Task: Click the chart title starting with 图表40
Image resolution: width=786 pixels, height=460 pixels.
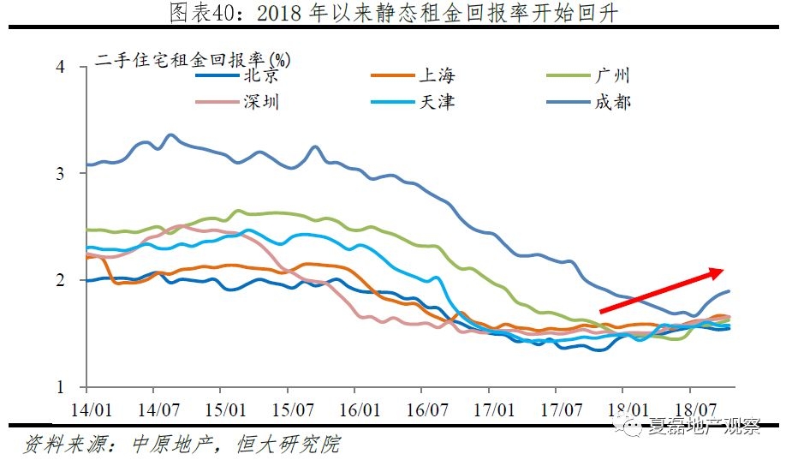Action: (x=393, y=12)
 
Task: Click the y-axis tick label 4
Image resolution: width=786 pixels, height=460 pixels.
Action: (x=60, y=67)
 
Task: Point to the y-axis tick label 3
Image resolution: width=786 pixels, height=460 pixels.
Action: (x=60, y=173)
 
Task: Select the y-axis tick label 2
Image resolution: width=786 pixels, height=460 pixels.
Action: (x=60, y=280)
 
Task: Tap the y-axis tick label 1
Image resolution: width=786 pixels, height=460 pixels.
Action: (x=60, y=387)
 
